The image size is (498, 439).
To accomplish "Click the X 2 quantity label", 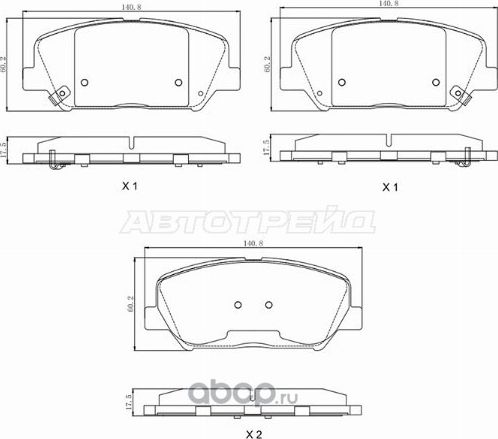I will click(254, 434).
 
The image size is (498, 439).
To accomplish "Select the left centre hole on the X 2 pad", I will click(238, 306).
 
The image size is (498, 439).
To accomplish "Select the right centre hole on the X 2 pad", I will click(268, 306).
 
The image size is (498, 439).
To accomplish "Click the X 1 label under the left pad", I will click(129, 187).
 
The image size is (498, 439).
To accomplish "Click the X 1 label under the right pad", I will click(391, 187).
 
